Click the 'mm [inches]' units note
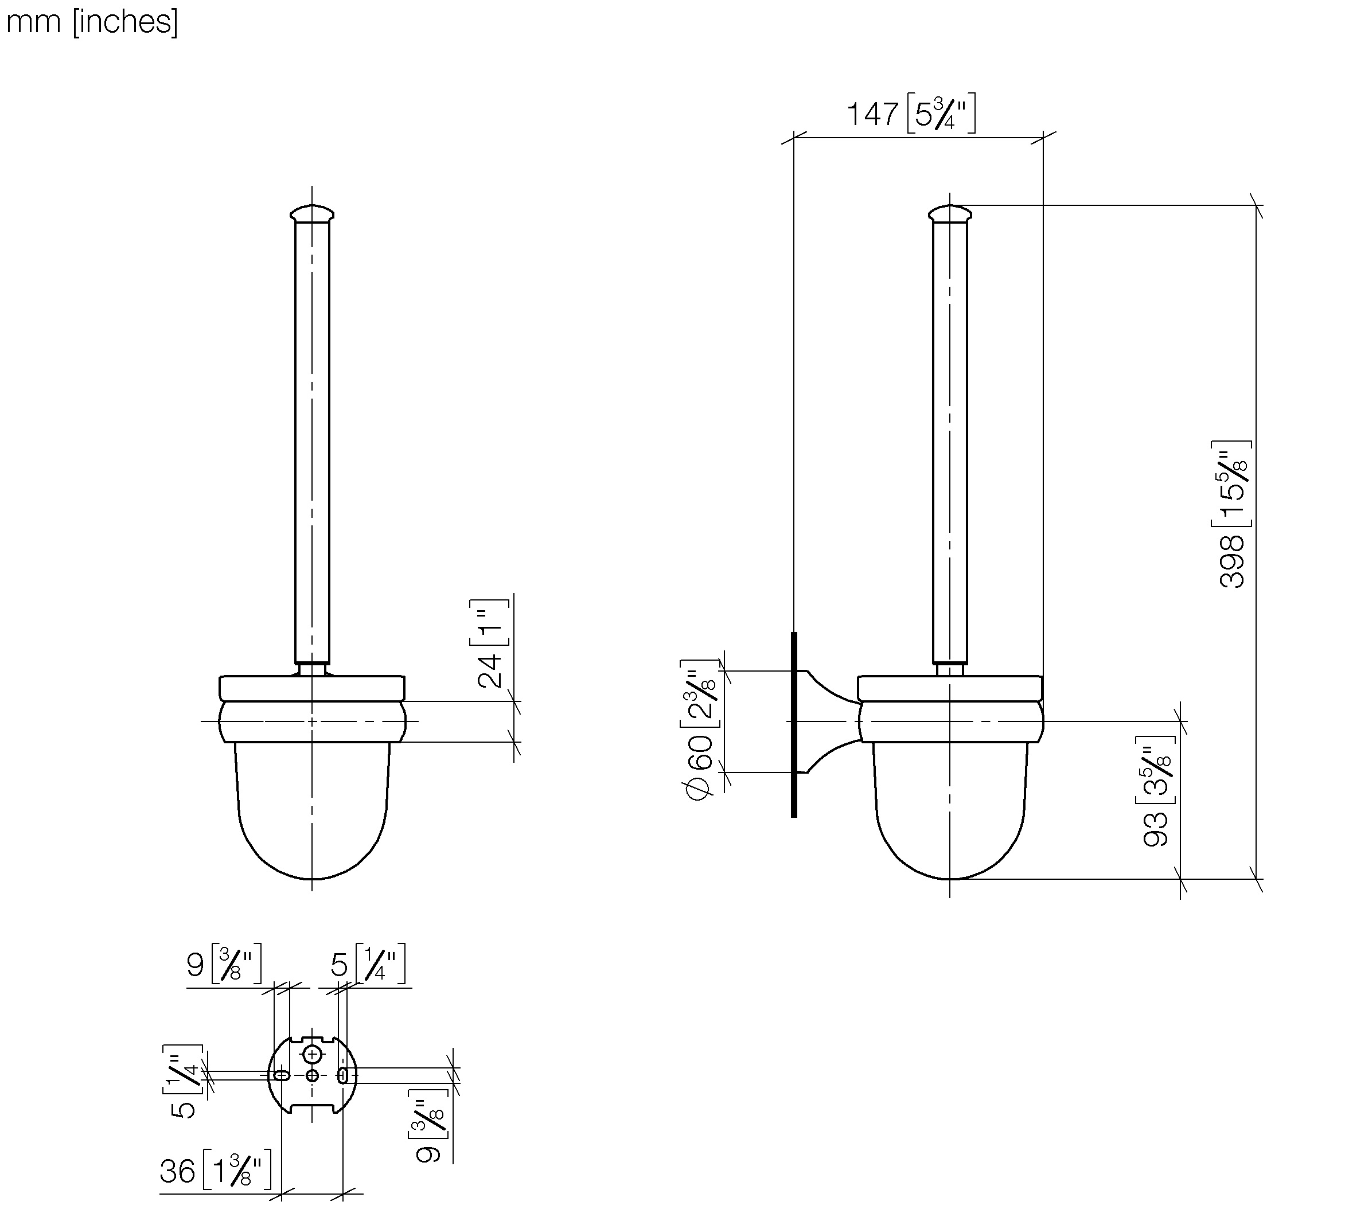pos(92,22)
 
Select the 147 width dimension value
pos(872,114)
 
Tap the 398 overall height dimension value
pos(1231,560)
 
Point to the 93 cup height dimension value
pos(1156,828)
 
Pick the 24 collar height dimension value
pos(490,670)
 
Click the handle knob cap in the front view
pos(312,213)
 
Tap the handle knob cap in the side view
pos(950,213)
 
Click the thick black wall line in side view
pos(794,724)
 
